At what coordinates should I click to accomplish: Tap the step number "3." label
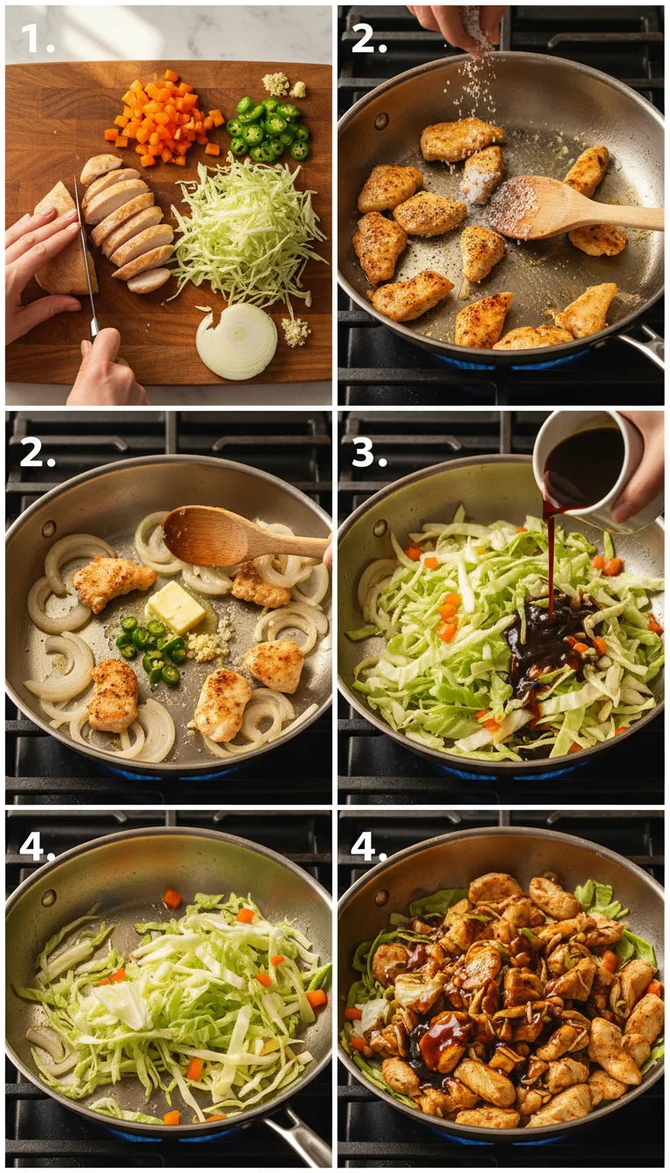(368, 453)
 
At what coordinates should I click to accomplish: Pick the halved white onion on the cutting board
(236, 340)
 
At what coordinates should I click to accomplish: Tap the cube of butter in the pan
(177, 606)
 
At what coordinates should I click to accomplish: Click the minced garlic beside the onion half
(295, 330)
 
